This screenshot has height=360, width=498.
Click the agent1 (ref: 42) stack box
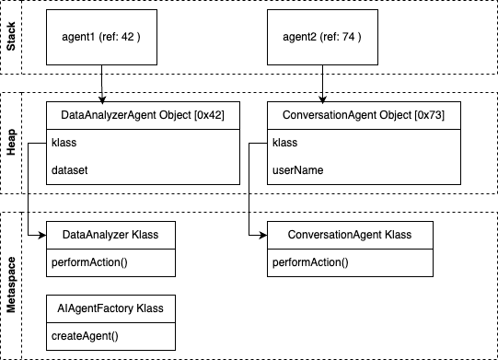[x=101, y=38]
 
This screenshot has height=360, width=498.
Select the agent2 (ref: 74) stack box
[x=322, y=38]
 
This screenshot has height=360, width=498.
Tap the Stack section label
[x=12, y=38]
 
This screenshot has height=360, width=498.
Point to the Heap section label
[x=12, y=142]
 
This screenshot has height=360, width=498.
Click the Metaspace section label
[x=12, y=285]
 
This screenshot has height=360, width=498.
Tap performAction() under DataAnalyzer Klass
[x=91, y=263]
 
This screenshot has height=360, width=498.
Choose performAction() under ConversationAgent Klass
[x=312, y=263]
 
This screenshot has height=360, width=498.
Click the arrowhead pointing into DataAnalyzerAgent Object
[x=101, y=97]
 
